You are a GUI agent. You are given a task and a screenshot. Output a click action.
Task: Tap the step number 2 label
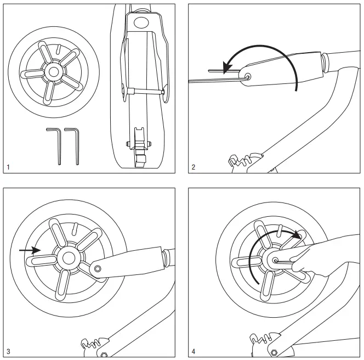point(194,166)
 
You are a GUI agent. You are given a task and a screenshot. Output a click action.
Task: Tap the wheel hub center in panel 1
point(53,71)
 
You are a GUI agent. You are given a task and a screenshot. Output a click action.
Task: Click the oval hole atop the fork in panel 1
point(141,22)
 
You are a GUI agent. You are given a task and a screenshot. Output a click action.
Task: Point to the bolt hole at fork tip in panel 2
point(248,77)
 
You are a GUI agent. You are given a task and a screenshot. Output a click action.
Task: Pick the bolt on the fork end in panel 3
point(98,268)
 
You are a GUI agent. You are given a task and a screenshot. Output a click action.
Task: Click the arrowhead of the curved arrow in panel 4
point(298,234)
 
